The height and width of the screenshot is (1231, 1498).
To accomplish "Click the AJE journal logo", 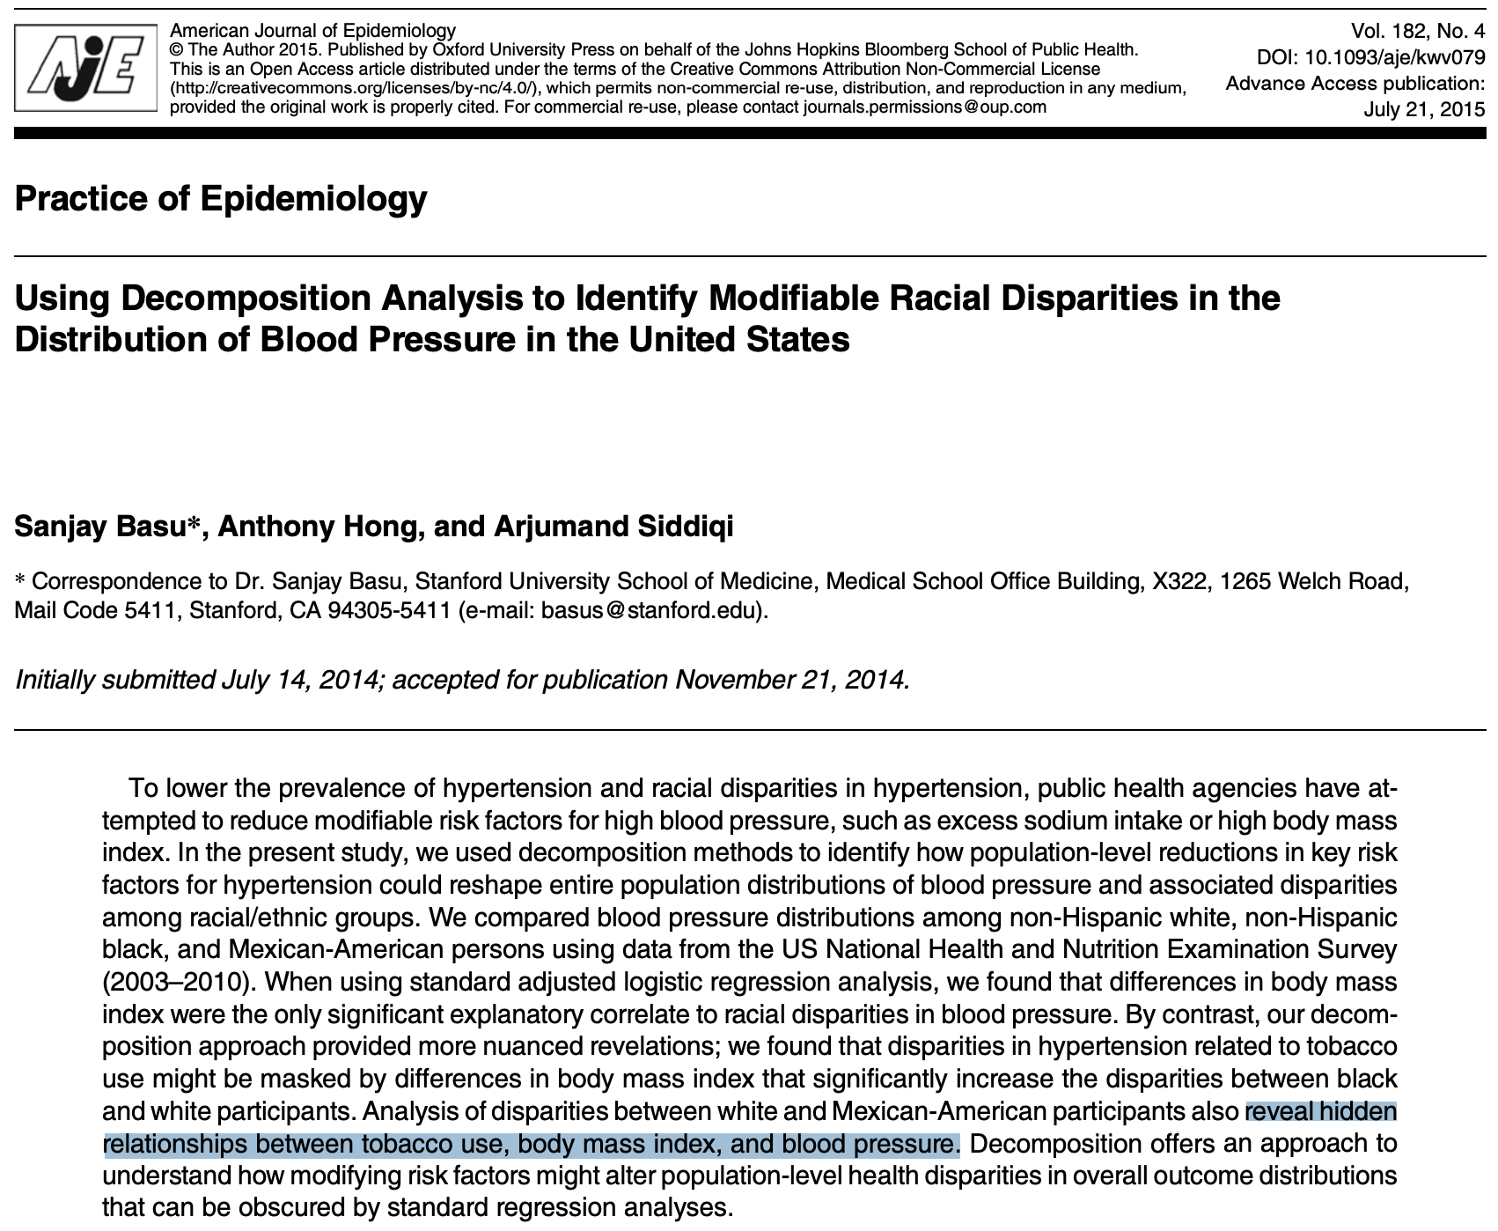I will [86, 67].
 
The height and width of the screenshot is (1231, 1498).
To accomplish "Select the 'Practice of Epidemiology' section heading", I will [221, 198].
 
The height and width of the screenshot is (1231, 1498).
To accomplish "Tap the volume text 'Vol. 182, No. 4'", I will [1417, 32].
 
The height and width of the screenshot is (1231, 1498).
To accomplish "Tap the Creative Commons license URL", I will [356, 88].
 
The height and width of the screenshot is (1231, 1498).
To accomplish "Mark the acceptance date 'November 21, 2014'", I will [789, 680].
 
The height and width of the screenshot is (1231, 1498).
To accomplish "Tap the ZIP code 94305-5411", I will [389, 610].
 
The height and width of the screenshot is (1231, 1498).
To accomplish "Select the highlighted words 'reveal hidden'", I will [1320, 1112].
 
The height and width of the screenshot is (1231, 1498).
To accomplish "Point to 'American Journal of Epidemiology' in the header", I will [312, 32].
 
